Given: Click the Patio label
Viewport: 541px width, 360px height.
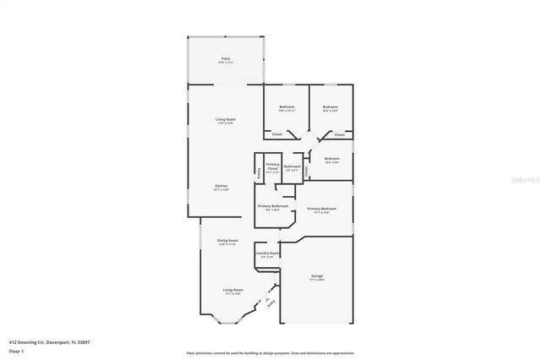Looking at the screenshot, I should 225,58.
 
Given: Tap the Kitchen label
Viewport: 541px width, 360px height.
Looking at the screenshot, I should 221,185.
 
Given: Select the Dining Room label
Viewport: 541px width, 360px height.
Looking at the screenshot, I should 227,241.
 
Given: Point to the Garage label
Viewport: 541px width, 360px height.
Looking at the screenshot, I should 317,275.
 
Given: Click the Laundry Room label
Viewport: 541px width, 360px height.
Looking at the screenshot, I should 267,254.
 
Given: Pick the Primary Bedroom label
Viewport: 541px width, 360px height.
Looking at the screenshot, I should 323,209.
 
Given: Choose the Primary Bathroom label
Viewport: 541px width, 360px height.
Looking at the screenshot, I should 273,206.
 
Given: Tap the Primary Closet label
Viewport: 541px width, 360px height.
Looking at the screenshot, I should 272,166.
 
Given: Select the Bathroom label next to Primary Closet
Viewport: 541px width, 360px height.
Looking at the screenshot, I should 292,166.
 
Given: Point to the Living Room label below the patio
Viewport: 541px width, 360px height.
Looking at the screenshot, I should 225,120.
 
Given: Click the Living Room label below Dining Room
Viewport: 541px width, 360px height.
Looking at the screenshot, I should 232,290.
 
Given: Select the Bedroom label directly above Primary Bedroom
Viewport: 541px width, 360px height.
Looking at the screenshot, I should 331,158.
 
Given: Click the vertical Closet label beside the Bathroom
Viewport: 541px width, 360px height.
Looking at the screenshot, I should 306,170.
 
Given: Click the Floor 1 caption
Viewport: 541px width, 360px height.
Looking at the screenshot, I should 16,350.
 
